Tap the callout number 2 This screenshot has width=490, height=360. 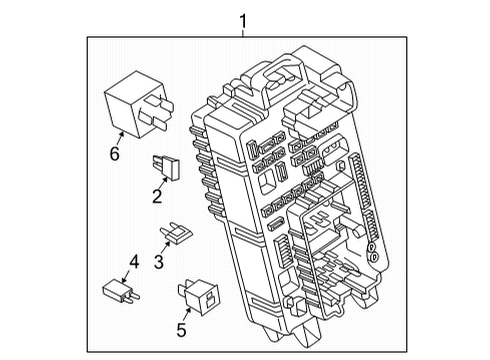pos(156,197)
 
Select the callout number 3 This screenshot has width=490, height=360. pos(156,262)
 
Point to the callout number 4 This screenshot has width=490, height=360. pos(133,263)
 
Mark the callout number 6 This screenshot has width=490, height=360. pos(114,153)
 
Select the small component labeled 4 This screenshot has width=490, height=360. pos(118,293)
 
